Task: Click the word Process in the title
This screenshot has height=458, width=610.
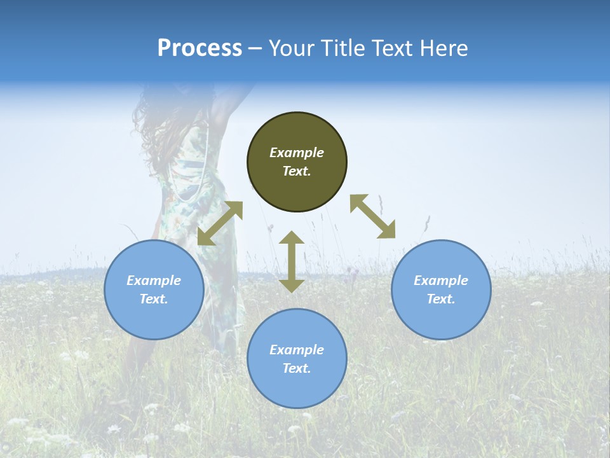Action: [x=200, y=48]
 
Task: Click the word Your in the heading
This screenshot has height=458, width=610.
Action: [x=291, y=48]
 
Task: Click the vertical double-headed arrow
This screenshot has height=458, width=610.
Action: [x=292, y=261]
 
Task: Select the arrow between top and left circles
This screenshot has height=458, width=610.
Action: [x=220, y=223]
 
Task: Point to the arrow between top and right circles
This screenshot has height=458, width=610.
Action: [x=373, y=216]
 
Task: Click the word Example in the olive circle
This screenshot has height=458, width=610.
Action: [x=297, y=153]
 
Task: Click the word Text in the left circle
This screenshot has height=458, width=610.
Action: [x=154, y=299]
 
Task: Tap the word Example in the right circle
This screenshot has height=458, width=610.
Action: [x=441, y=281]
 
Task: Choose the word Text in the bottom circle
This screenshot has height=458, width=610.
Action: [x=297, y=368]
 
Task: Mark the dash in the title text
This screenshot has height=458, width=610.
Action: [x=255, y=49]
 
